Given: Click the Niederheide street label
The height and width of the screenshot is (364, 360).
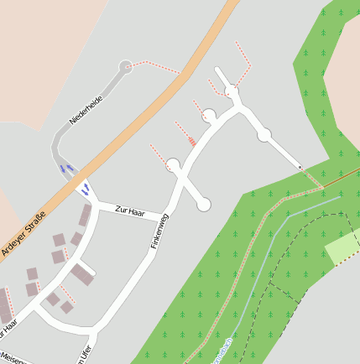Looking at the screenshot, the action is [86, 110].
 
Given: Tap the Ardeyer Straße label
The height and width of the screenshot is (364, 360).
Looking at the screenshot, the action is [23, 231].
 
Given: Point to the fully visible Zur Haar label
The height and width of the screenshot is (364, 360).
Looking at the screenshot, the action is [130, 211].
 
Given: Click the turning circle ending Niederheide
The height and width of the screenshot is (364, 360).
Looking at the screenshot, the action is [127, 66].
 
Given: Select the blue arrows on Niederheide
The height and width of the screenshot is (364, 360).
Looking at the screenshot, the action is [66, 169].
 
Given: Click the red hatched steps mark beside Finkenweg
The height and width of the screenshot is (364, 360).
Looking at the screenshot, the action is [192, 140].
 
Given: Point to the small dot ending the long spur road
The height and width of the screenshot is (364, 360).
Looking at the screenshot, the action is [300, 167].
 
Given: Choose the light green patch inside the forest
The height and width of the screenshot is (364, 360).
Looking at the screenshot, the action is [342, 245].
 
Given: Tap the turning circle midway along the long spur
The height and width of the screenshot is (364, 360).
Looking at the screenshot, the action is [263, 134].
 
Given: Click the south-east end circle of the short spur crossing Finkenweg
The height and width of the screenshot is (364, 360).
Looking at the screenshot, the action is [204, 204].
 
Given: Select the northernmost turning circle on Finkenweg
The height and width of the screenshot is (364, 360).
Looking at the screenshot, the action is [230, 91].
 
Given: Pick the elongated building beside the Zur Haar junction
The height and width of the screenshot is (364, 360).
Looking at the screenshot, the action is [86, 216].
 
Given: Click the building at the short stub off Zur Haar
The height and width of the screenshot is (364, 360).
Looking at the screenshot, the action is [81, 273].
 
